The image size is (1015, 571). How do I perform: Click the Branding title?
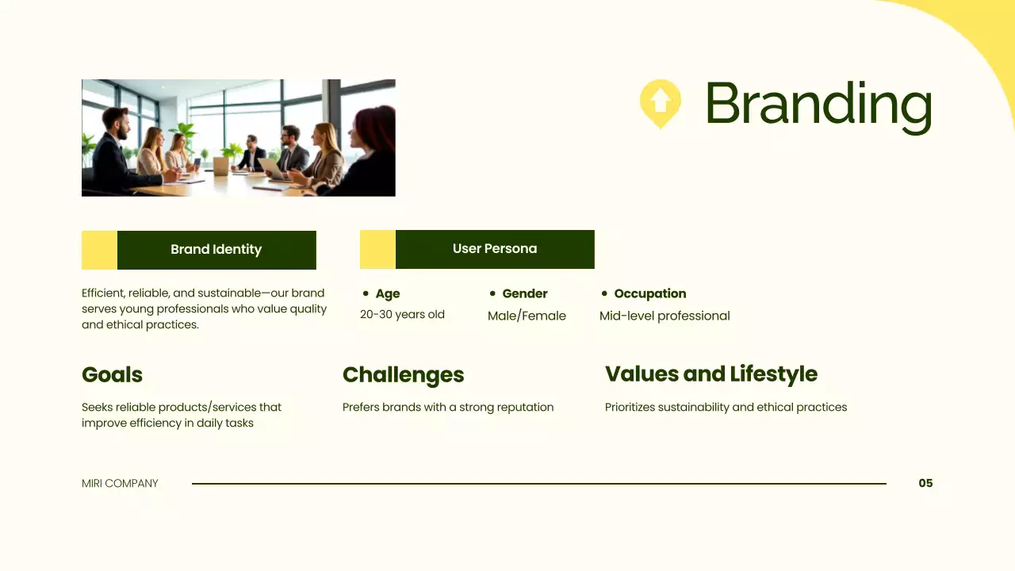818,104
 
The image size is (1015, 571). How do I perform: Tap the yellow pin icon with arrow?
660,102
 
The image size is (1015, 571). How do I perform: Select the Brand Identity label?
216,250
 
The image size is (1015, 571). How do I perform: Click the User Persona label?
494,249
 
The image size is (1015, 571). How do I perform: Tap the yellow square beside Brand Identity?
99,250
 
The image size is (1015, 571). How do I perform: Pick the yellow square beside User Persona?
377,249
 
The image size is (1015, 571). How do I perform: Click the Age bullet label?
387,293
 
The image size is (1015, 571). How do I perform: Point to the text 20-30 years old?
402,315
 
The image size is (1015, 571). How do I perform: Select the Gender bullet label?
524,293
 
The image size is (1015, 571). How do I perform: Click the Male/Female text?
527,316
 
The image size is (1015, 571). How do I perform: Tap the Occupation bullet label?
649,293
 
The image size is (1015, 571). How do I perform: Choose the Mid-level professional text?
665,316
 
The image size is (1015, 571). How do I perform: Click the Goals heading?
112,374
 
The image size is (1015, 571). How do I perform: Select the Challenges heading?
403,374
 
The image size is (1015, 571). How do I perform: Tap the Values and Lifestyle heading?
710,374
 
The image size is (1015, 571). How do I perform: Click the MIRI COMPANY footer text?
120,483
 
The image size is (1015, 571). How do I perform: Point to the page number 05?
925,483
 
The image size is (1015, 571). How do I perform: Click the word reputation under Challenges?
525,408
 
